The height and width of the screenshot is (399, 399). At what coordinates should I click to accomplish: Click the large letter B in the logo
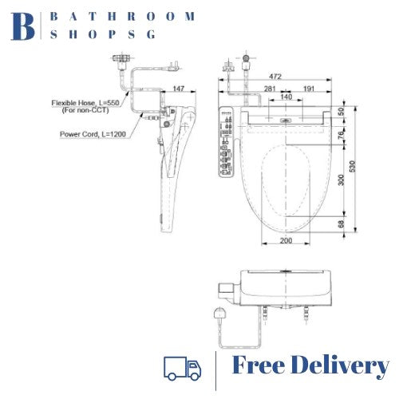[x=24, y=26]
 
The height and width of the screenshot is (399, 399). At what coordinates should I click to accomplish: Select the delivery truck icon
[x=182, y=367]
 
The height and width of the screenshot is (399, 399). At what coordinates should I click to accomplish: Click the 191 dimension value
[x=309, y=88]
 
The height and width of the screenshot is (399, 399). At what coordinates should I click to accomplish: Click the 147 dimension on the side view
[x=178, y=88]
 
